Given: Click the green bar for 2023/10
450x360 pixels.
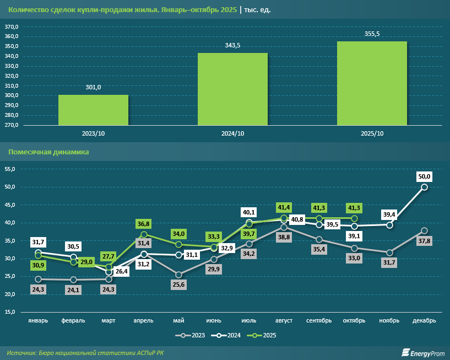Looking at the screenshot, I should tap(93, 110).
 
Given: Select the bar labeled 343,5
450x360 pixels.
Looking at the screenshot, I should tap(232, 89).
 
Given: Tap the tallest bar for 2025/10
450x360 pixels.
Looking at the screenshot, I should tap(372, 83).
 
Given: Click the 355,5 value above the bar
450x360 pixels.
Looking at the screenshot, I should tap(372, 34).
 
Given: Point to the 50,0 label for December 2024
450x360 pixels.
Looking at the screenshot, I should tap(425, 176).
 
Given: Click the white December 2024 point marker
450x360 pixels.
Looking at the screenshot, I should tap(425, 187).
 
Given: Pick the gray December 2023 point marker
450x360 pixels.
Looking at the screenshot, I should tap(425, 230).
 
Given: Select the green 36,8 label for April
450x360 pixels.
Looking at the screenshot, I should tap(143, 224).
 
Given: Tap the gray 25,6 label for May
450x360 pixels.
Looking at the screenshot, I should tap(178, 285).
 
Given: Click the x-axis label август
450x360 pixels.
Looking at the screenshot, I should tap(284, 320).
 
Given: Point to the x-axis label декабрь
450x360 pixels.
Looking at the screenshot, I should tap(424, 320).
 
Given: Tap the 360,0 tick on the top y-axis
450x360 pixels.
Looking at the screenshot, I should tap(12, 36).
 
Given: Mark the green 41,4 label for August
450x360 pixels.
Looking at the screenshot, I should tap(284, 207).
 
